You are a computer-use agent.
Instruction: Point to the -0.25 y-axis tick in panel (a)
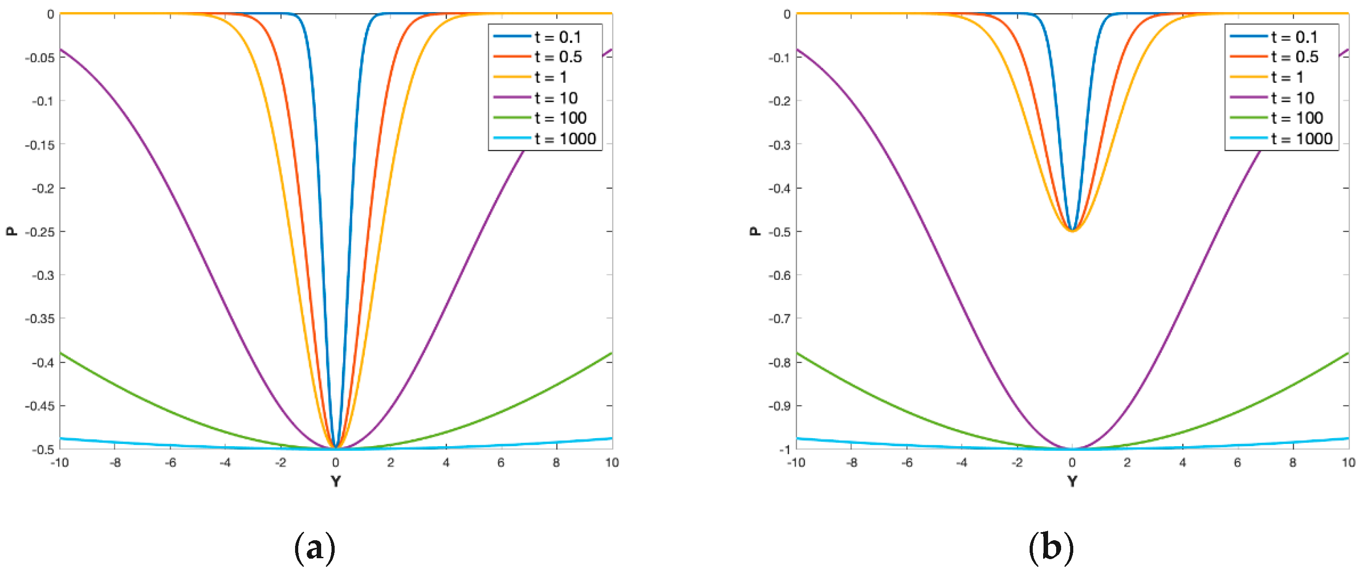[x=40, y=232]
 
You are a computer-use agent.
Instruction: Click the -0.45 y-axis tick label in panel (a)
[x=40, y=406]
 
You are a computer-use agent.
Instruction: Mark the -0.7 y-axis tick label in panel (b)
[x=779, y=318]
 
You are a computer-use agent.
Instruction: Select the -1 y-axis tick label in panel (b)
[x=784, y=449]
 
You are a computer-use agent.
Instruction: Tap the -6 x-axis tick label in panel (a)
[x=170, y=463]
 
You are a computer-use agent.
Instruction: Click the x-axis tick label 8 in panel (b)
[x=1293, y=463]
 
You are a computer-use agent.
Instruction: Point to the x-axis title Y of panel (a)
[x=336, y=481]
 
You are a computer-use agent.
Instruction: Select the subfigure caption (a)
[x=315, y=548]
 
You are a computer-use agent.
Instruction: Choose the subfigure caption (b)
[x=1051, y=548]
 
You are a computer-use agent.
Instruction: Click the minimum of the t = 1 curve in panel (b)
[x=1072, y=231]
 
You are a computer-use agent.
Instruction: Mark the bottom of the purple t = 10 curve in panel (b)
[x=1072, y=448]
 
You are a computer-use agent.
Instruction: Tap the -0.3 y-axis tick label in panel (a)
[x=42, y=275]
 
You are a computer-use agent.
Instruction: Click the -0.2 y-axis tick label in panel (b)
[x=779, y=101]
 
